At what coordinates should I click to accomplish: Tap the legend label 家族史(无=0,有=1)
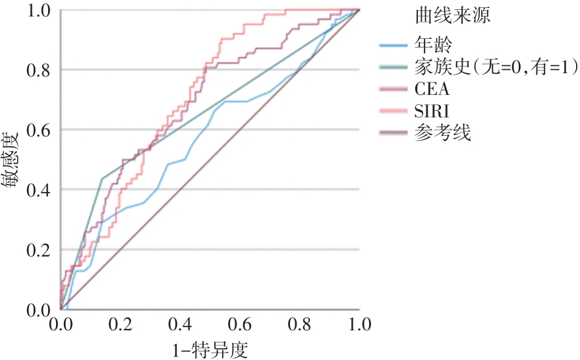[x=496, y=67]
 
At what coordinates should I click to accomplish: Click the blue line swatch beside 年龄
[x=395, y=46]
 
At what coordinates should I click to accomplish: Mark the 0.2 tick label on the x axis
[x=120, y=325]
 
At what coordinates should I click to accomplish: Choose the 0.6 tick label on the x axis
[x=240, y=325]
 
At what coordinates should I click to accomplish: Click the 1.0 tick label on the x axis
[x=359, y=325]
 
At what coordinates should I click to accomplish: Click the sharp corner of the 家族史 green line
[x=101, y=179]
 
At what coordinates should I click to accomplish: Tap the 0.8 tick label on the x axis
[x=299, y=325]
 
